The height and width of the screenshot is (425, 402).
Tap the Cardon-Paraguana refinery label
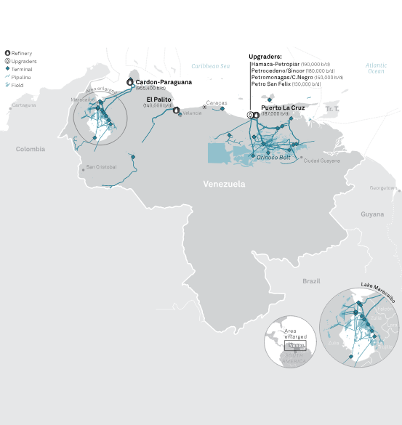[164, 82]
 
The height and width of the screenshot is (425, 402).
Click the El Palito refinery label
[159, 100]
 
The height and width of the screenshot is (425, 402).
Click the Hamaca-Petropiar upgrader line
[277, 64]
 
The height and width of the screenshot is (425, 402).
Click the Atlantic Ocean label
[376, 68]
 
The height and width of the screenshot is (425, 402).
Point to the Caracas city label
[217, 103]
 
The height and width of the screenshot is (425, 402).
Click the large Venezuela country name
[223, 185]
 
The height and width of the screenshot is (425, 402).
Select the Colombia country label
[31, 149]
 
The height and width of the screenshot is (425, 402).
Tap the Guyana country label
[372, 214]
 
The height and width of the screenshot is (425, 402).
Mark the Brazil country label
[312, 280]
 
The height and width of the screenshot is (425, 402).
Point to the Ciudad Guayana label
[321, 161]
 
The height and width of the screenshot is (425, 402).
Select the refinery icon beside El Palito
[176, 110]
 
